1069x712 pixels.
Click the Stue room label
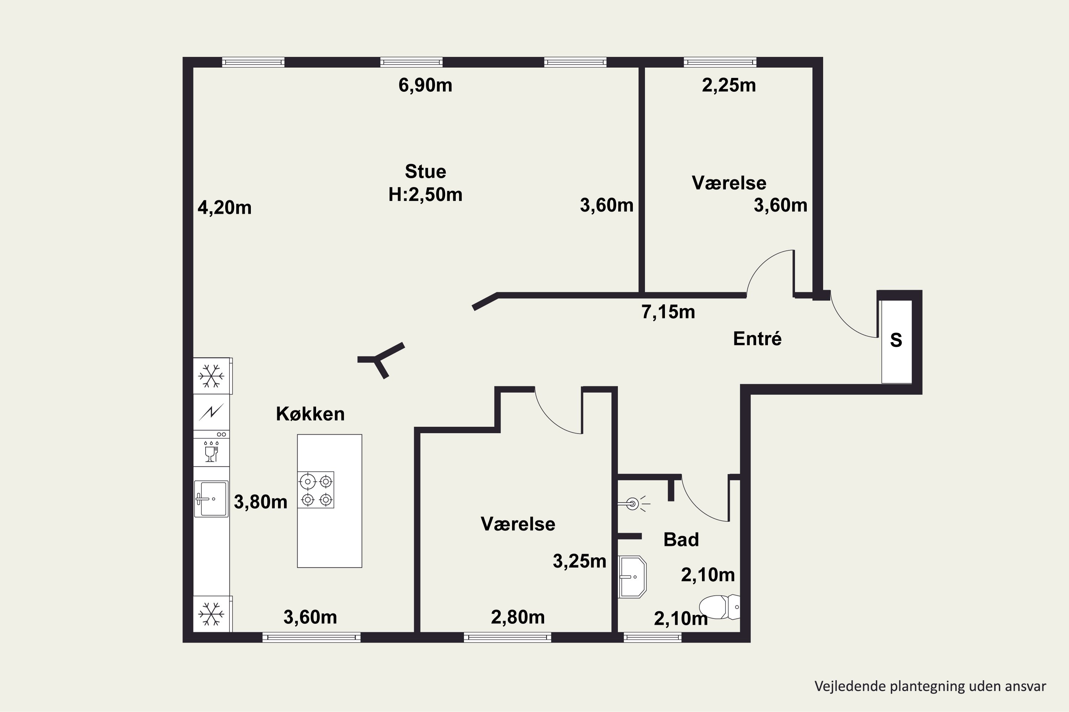pyautogui.click(x=425, y=172)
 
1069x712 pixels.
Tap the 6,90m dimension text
pyautogui.click(x=425, y=85)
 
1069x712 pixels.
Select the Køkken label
pyautogui.click(x=310, y=414)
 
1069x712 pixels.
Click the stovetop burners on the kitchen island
pyautogui.click(x=316, y=490)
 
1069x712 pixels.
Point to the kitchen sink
pyautogui.click(x=211, y=499)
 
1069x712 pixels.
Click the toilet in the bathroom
pyautogui.click(x=719, y=607)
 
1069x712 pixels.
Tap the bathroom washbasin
pyautogui.click(x=632, y=577)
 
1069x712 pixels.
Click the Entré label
pyautogui.click(x=757, y=339)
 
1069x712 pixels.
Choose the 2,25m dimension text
pyautogui.click(x=729, y=85)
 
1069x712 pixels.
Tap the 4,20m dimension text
pyautogui.click(x=224, y=208)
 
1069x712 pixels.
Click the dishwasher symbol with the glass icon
pyautogui.click(x=211, y=452)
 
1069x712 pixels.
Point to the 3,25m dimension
pyautogui.click(x=579, y=562)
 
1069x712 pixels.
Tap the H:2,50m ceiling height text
pyautogui.click(x=425, y=195)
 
